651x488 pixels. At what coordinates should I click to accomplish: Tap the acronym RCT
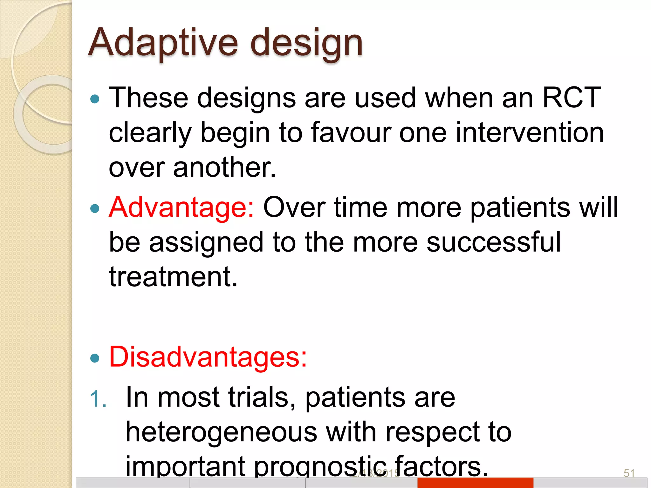[x=571, y=98]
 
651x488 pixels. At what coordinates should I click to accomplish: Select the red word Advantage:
[x=182, y=208]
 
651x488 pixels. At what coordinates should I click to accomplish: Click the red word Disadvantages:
[x=208, y=357]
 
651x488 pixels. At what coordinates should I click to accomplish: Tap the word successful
[x=494, y=242]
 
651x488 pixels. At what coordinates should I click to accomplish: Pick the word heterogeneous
[x=221, y=432]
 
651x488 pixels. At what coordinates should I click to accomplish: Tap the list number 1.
[x=97, y=399]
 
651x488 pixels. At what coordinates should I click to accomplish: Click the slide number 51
[x=629, y=473]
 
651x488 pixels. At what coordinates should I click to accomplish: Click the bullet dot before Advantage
[x=95, y=209]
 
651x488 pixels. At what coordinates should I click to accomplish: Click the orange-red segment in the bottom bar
[x=475, y=483]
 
